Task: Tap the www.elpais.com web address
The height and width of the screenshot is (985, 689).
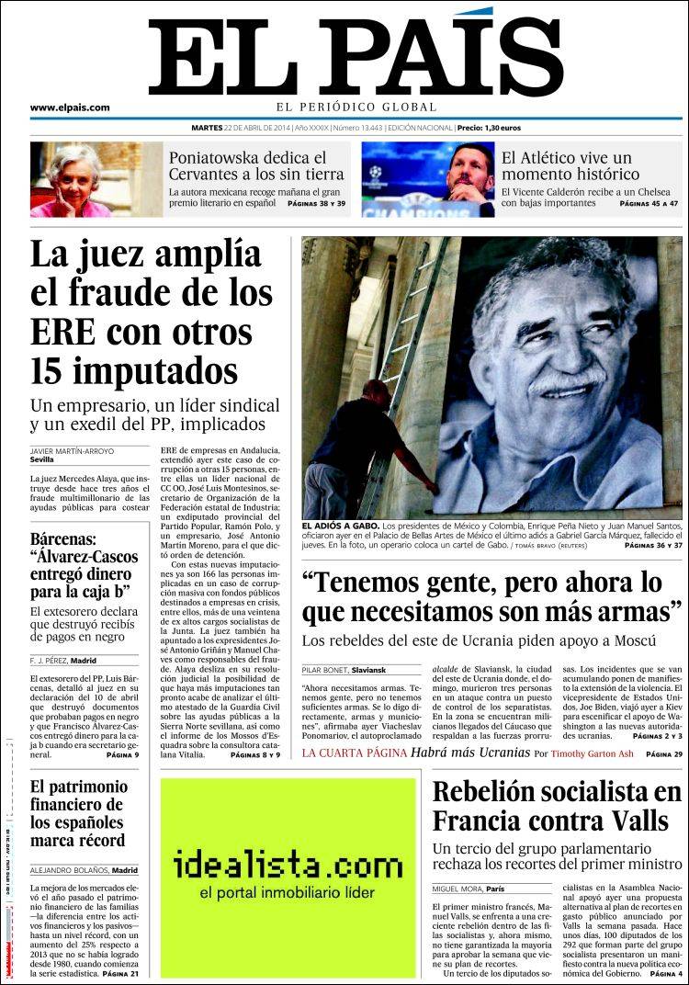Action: click(x=70, y=108)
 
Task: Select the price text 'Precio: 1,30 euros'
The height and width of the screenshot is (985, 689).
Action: click(x=490, y=128)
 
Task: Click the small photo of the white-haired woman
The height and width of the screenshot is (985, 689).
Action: click(x=72, y=179)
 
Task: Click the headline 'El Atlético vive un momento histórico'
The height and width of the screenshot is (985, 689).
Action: click(x=569, y=165)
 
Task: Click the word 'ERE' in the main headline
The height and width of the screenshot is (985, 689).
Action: click(x=70, y=331)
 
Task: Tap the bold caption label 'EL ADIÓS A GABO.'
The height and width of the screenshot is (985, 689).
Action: click(x=344, y=526)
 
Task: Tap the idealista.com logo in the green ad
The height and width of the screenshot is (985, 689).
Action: click(x=288, y=866)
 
